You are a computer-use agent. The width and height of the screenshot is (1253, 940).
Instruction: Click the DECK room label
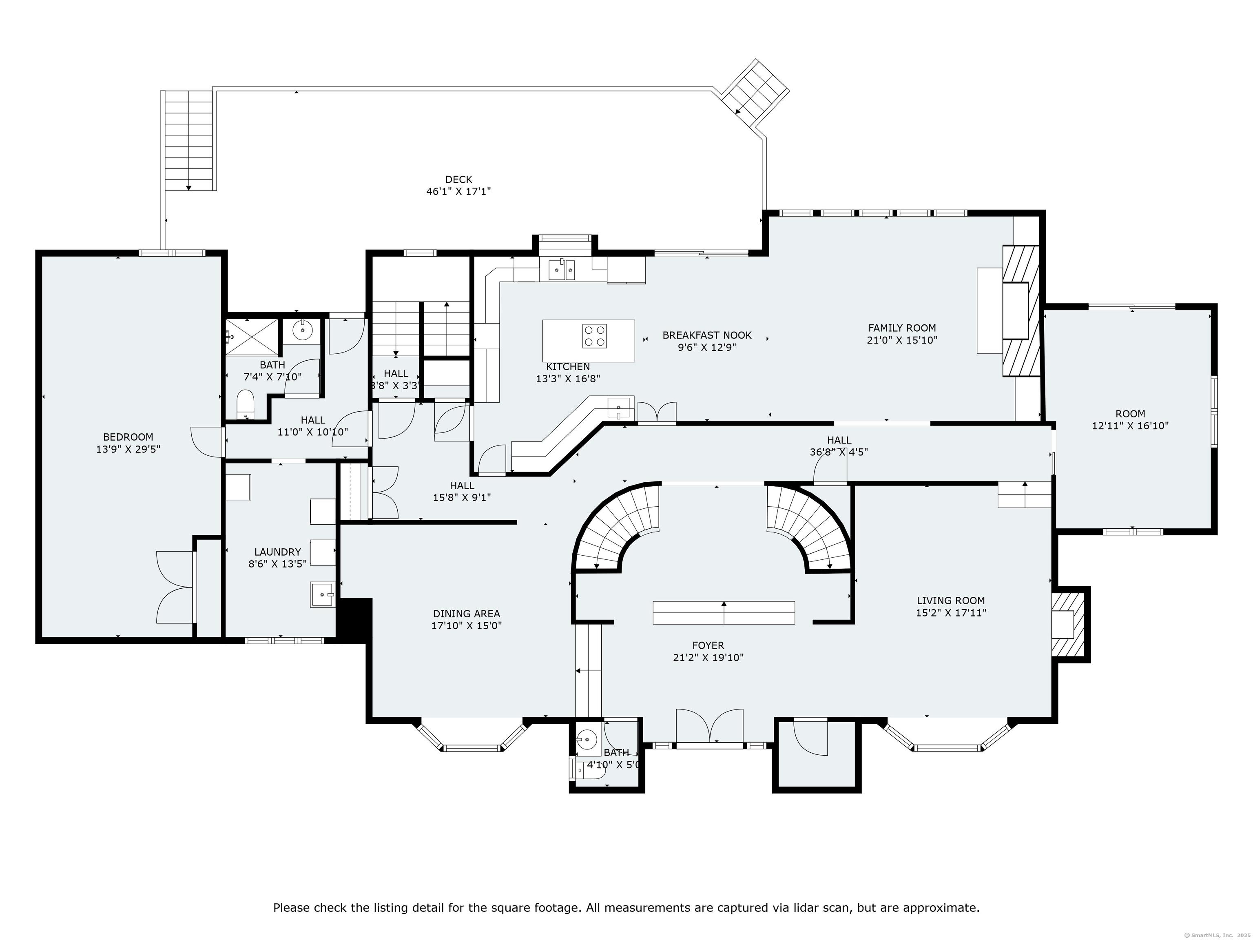tap(458, 180)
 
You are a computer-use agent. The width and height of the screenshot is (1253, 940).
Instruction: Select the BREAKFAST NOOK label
tap(706, 335)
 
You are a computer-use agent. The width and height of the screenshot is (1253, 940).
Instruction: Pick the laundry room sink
tap(322, 595)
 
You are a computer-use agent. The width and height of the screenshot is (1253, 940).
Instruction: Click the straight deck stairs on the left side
tap(188, 142)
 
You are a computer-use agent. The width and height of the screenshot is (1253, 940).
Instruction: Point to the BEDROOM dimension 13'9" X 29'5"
tap(128, 449)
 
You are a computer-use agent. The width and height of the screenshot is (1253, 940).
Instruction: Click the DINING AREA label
tap(466, 614)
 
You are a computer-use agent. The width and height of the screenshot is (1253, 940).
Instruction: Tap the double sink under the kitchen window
tap(562, 270)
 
